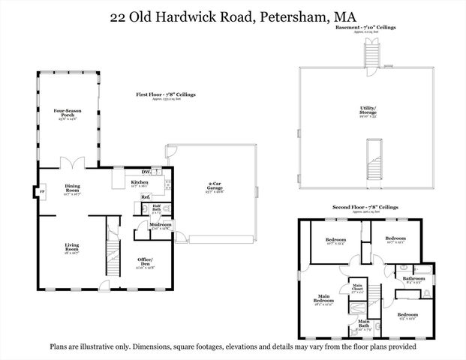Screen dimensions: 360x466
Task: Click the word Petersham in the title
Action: [x=296, y=15]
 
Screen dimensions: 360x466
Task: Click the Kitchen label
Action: [x=140, y=183]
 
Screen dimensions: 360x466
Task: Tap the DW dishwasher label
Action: [x=155, y=171]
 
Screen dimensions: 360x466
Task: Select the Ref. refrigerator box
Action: [x=146, y=197]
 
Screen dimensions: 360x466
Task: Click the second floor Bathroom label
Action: [x=413, y=278]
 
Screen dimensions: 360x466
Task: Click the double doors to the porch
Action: [x=71, y=163]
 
